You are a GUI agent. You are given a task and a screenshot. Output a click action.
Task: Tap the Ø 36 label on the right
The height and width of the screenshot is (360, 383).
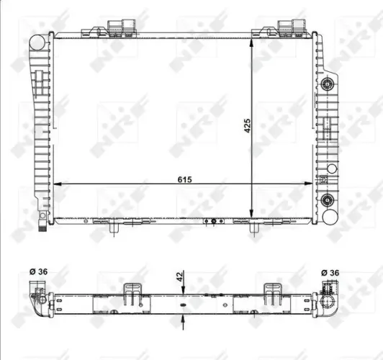329,272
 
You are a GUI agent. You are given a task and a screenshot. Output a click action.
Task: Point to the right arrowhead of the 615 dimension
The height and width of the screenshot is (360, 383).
310,185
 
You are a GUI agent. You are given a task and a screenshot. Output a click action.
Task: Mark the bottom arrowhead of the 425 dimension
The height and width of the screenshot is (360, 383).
251,212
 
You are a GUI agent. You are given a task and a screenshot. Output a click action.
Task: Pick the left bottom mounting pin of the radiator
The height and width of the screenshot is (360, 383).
115,228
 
